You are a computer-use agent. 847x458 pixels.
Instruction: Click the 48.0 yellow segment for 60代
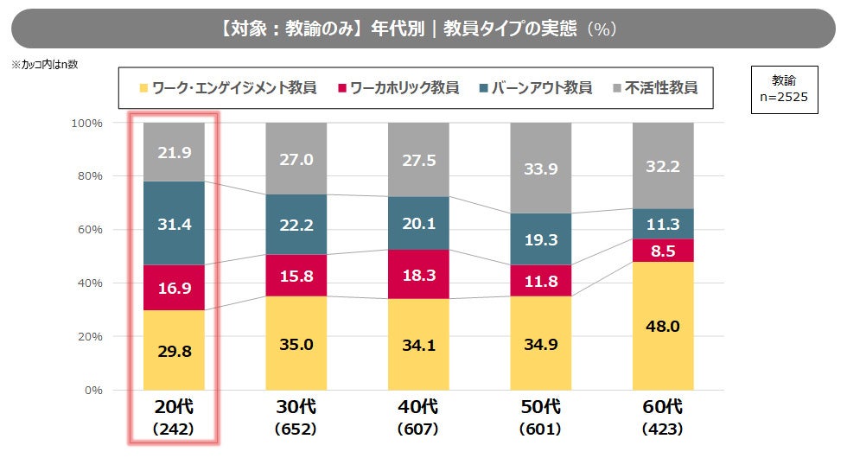[664, 326]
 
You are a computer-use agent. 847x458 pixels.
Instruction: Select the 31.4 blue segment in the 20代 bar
[175, 223]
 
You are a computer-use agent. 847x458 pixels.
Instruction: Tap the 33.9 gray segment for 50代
[541, 168]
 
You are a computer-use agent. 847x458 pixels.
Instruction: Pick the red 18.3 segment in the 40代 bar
[418, 274]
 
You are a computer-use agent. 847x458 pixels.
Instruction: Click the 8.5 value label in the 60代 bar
[664, 251]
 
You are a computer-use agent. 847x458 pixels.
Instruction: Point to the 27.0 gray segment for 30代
[296, 159]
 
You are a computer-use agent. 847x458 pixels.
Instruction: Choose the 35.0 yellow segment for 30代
[296, 343]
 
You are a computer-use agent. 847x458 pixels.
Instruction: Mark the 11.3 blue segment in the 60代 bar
[664, 224]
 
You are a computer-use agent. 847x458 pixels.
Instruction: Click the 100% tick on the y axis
[86, 123]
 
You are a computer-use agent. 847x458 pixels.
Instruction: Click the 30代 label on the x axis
[296, 407]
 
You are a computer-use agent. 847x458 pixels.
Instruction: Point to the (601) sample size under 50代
[541, 429]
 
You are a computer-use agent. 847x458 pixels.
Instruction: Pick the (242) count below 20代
[175, 429]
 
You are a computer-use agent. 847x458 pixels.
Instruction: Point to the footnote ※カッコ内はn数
[44, 64]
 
